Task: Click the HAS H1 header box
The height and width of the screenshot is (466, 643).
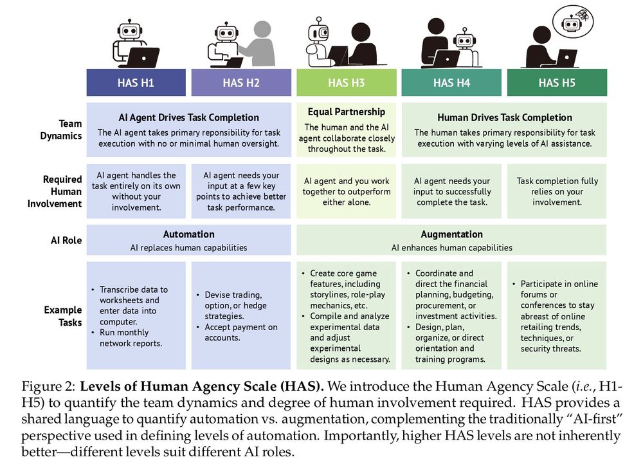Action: coord(136,82)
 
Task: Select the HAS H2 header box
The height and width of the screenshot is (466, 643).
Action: coord(241,82)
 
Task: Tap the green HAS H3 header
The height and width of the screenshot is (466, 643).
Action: coord(346,82)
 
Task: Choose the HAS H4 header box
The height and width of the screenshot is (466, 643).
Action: coord(451,82)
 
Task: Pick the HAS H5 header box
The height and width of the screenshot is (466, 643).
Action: coord(557,82)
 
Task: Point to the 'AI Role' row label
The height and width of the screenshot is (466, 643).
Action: coord(66,240)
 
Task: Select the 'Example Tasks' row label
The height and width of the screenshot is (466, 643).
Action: coord(63,316)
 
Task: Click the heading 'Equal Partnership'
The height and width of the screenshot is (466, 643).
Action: coord(346,112)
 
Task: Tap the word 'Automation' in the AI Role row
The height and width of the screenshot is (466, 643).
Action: coord(188,234)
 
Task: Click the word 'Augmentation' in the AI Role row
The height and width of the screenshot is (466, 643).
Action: coord(451,234)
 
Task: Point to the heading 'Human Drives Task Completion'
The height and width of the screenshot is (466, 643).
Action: coord(504,118)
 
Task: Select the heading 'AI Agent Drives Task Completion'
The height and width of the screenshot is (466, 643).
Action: coord(188,118)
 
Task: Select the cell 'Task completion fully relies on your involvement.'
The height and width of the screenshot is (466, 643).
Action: coord(557,192)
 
